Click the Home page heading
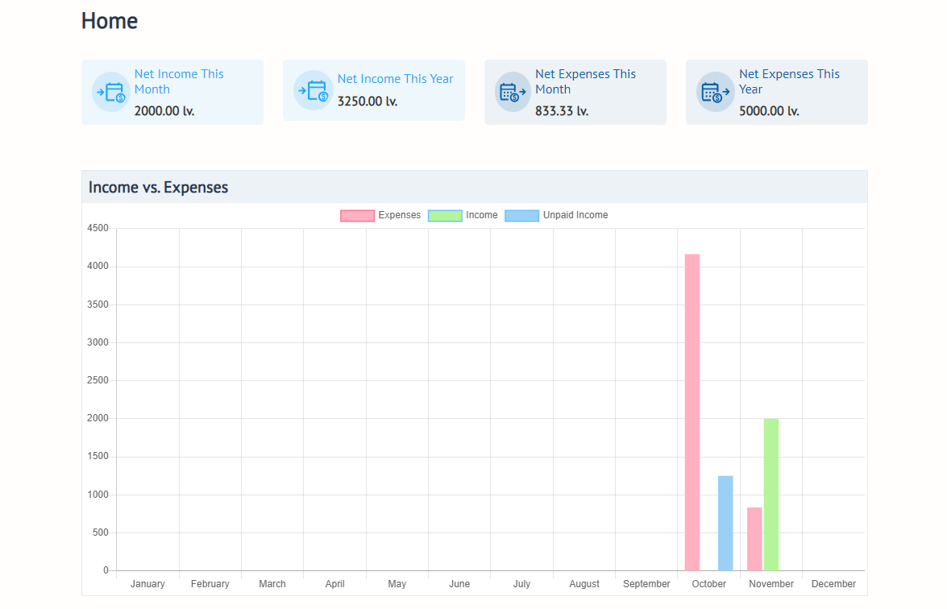coord(110,21)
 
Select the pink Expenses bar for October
coord(692,412)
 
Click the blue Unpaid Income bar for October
coord(725,523)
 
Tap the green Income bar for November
coord(771,494)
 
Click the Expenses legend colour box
coord(357,216)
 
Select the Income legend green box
coord(445,216)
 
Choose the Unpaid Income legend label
coord(575,216)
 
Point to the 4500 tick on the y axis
coord(97,229)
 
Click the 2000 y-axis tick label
coord(97,419)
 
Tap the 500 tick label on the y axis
coord(99,533)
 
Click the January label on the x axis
coord(147,584)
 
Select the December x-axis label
coord(833,584)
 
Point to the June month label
coord(459,584)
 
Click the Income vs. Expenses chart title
coord(159,188)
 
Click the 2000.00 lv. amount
coord(164,111)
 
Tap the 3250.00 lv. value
coord(368,101)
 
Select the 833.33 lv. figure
coord(562,111)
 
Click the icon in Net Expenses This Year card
coord(715,92)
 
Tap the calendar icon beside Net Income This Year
coord(313,90)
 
